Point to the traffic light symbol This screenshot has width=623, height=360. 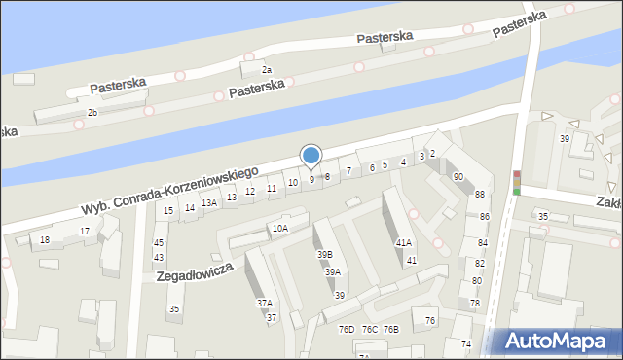(x=517, y=182)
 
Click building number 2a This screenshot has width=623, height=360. (x=266, y=70)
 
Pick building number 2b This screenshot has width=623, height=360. (x=92, y=113)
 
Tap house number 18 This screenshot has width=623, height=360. (x=45, y=239)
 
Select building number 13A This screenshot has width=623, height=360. (x=209, y=202)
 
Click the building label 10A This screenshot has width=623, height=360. (x=280, y=228)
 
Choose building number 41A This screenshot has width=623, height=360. (x=403, y=242)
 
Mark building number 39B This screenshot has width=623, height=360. (x=324, y=254)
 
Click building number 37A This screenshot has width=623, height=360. (x=265, y=303)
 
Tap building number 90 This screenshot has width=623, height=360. (x=458, y=176)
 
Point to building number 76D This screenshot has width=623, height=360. (x=347, y=330)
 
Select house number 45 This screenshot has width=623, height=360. (x=159, y=242)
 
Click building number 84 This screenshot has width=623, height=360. (x=481, y=242)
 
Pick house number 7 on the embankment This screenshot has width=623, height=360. (x=348, y=170)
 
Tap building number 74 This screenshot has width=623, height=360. (x=465, y=343)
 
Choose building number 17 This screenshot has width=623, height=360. (x=85, y=231)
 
